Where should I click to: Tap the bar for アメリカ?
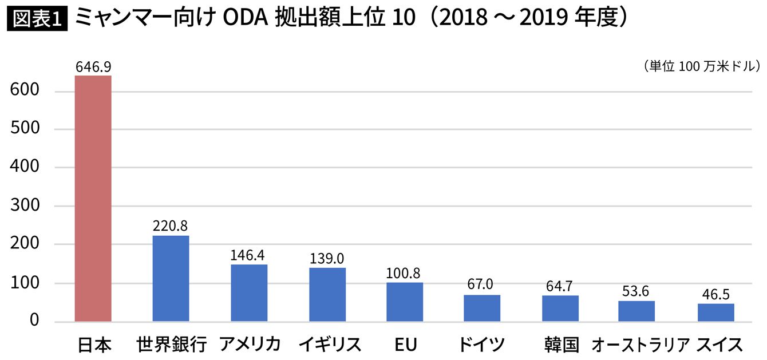[249, 292]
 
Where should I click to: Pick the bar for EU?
[405, 302]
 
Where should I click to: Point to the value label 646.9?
[93, 67]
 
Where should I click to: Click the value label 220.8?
[171, 226]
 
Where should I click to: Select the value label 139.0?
[327, 259]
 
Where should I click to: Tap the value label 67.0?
[481, 285]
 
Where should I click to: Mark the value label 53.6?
[636, 291]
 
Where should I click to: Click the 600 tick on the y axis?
[24, 91]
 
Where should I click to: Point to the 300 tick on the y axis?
[24, 206]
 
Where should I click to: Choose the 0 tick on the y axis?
[34, 321]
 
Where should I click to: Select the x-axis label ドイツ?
[481, 345]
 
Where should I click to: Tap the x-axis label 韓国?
[562, 345]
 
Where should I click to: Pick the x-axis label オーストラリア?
[641, 345]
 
